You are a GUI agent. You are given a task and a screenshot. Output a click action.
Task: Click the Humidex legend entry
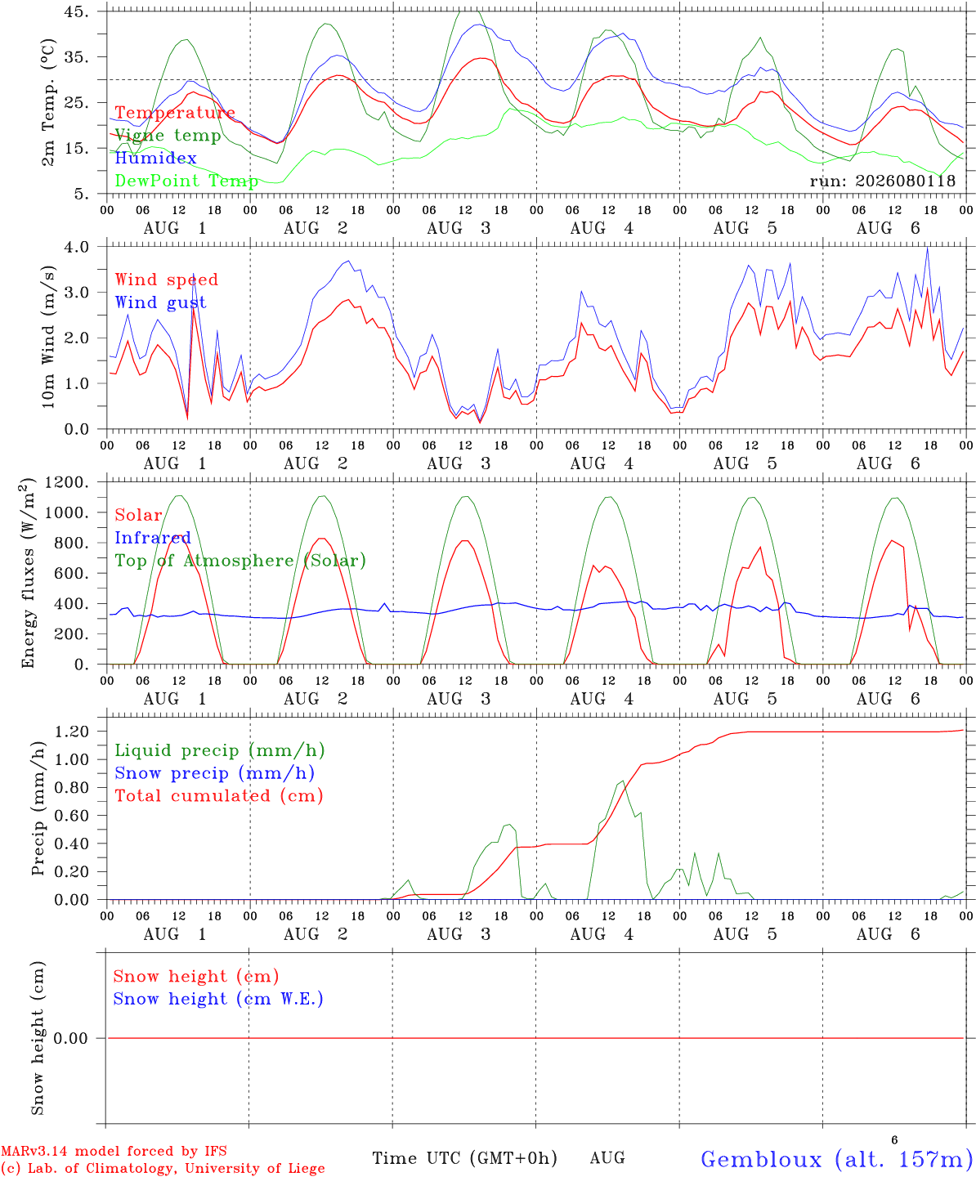[155, 158]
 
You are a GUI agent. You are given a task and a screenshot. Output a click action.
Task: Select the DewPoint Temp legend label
[186, 181]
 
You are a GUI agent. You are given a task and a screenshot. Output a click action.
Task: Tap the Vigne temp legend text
[168, 136]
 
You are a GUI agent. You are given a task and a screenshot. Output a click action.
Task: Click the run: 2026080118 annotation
[882, 181]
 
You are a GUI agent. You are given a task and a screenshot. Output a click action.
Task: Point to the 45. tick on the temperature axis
[76, 11]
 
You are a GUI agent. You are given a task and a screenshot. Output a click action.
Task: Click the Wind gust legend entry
[161, 302]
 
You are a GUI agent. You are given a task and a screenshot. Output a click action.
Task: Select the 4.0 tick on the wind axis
[76, 247]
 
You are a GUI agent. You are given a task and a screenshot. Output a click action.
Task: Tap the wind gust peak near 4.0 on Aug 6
[928, 247]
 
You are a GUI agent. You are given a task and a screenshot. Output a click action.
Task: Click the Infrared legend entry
[153, 538]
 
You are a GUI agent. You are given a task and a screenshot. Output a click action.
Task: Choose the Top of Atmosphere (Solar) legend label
[241, 561]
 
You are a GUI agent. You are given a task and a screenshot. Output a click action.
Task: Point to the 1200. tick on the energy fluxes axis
[67, 482]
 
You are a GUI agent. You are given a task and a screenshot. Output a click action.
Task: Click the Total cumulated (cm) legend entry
[219, 796]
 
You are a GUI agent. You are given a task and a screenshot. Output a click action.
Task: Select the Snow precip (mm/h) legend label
[214, 773]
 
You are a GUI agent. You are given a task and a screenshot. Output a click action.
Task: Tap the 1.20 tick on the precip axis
[72, 732]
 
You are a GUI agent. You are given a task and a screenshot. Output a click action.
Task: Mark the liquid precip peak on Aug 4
[623, 781]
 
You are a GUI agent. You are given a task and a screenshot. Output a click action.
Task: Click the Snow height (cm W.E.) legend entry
[218, 999]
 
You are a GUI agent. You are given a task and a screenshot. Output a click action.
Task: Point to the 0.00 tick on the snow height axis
[70, 1038]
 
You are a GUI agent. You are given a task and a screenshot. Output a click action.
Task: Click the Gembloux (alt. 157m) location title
[837, 1159]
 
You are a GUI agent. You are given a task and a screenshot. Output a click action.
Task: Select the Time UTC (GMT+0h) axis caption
[464, 1158]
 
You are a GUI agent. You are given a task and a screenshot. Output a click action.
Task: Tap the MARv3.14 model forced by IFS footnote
[114, 1151]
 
